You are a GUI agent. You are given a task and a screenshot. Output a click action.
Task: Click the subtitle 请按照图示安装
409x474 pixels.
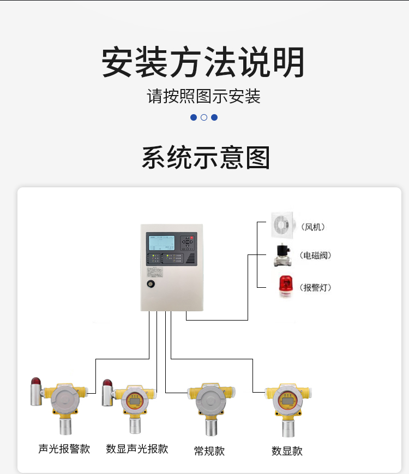(203, 97)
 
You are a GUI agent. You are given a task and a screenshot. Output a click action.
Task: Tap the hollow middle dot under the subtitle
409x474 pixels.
(204, 117)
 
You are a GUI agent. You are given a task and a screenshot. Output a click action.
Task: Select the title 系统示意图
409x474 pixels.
(206, 158)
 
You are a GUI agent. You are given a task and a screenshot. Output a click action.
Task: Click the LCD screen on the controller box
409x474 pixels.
(163, 243)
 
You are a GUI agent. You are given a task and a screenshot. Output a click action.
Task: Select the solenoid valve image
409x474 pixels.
(283, 256)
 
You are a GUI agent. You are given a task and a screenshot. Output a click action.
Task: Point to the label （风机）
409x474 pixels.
(316, 227)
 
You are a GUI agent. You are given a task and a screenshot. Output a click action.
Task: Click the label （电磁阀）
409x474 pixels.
(316, 256)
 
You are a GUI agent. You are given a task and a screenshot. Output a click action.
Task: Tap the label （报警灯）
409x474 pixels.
(316, 288)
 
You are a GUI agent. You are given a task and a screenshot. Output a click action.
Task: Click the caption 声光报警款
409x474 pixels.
(64, 449)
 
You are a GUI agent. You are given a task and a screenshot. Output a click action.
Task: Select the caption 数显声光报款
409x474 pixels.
(137, 449)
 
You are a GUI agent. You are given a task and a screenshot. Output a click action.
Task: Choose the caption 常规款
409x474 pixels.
(209, 451)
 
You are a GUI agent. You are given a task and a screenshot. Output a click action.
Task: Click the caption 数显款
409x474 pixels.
(287, 451)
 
